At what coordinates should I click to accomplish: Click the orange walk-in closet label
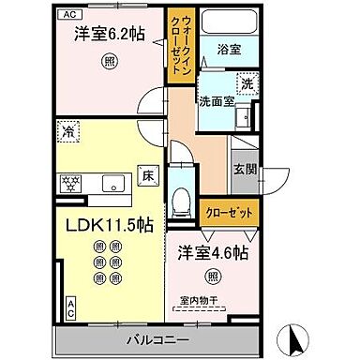(x=177, y=42)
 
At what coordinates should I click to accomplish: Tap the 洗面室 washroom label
(x=214, y=100)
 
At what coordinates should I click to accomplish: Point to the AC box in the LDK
(x=70, y=307)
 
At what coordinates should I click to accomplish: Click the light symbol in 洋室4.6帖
(x=214, y=277)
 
